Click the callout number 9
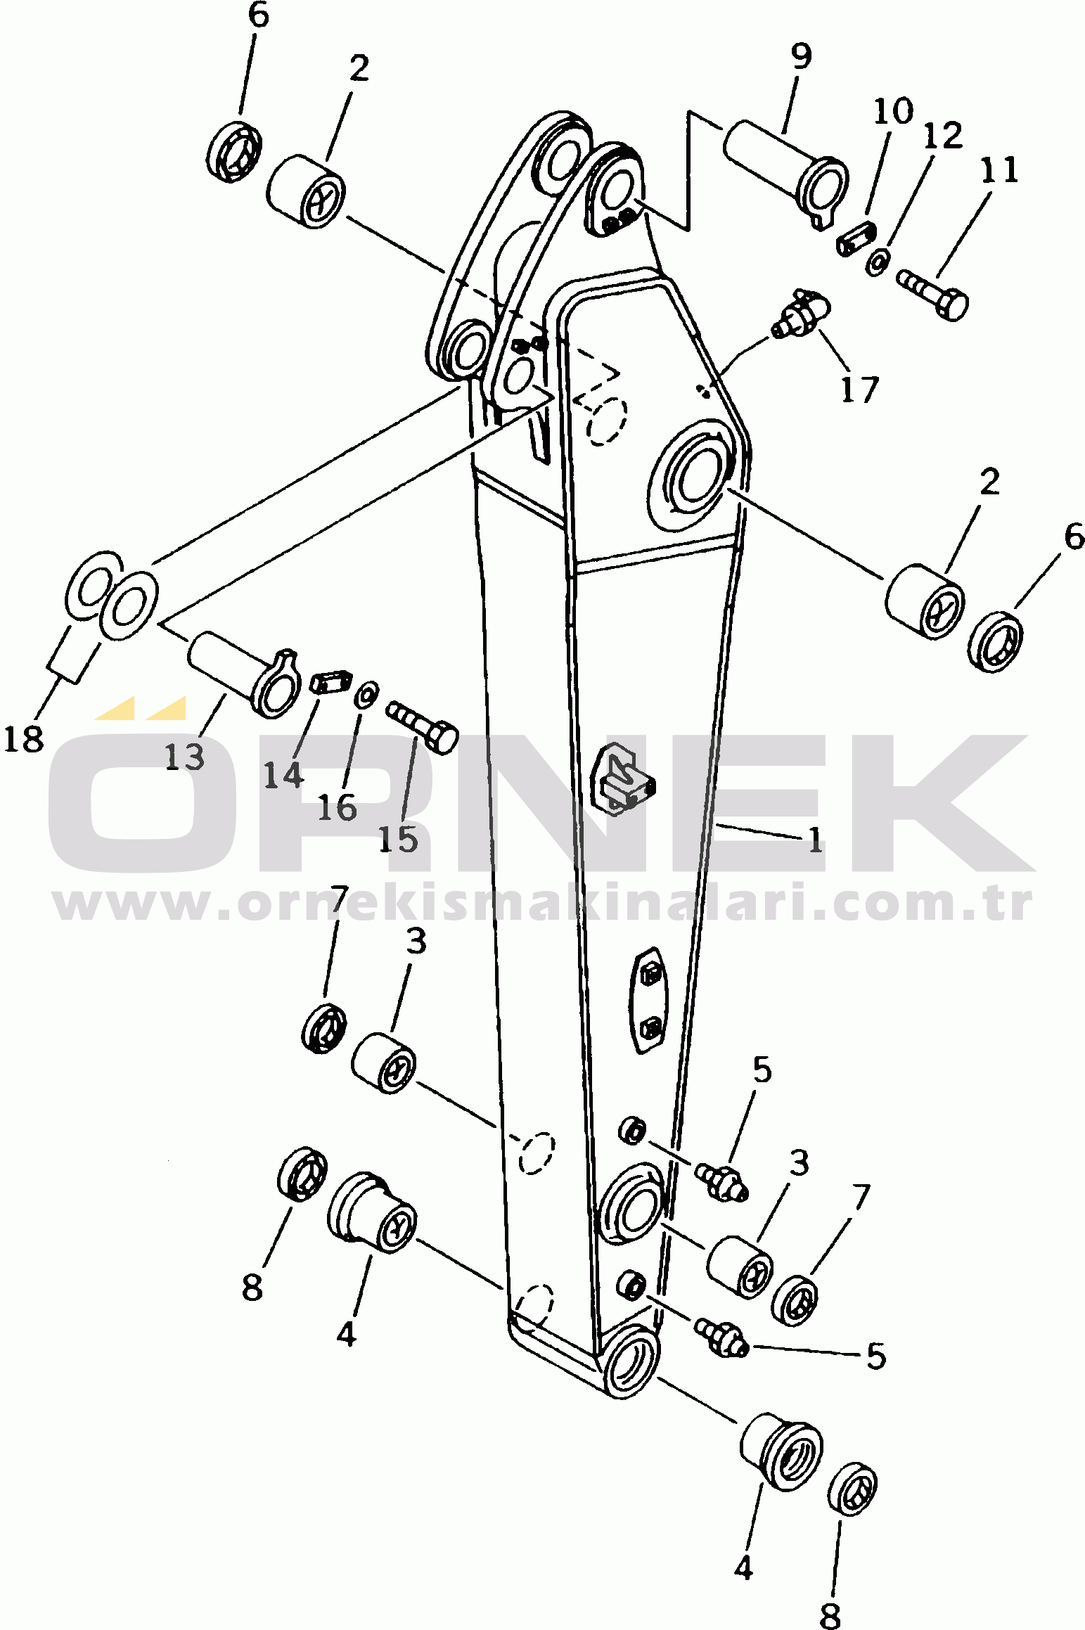(801, 56)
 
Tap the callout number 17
(860, 390)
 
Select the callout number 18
(24, 739)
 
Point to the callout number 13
(184, 757)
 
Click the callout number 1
(815, 840)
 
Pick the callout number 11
(999, 170)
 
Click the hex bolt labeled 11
(933, 295)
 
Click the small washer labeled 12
(877, 262)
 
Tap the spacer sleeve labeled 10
(855, 238)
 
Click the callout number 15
(398, 839)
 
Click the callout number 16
(337, 808)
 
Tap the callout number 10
(893, 111)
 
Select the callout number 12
(942, 135)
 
